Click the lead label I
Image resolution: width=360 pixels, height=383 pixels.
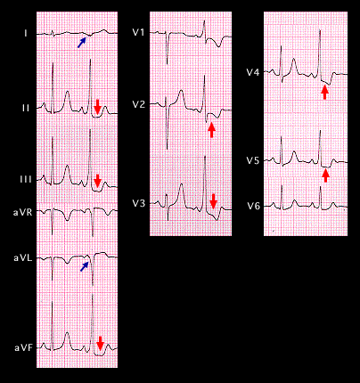(26, 33)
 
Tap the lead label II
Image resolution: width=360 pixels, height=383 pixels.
(26, 108)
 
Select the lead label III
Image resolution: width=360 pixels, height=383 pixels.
(25, 179)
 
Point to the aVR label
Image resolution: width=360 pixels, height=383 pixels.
(23, 213)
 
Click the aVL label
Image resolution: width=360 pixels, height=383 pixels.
(22, 258)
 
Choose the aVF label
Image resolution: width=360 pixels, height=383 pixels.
(24, 347)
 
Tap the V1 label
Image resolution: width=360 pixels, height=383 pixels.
(138, 32)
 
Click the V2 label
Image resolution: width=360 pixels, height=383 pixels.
(139, 104)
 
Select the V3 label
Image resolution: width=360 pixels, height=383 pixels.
(139, 203)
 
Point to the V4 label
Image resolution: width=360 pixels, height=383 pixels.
(253, 72)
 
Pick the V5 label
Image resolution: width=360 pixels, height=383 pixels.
(253, 160)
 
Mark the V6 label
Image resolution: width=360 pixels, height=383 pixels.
(253, 206)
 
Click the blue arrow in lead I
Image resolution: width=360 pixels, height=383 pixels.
(82, 43)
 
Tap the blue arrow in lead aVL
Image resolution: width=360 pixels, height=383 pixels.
(85, 266)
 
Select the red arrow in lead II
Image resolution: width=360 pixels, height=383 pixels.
(97, 108)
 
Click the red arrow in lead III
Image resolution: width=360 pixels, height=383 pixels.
(97, 181)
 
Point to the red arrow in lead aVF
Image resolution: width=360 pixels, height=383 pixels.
(101, 343)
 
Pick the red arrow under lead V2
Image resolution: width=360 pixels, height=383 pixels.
(211, 130)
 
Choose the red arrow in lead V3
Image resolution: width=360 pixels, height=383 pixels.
(213, 201)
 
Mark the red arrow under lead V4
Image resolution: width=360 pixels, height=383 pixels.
(324, 92)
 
